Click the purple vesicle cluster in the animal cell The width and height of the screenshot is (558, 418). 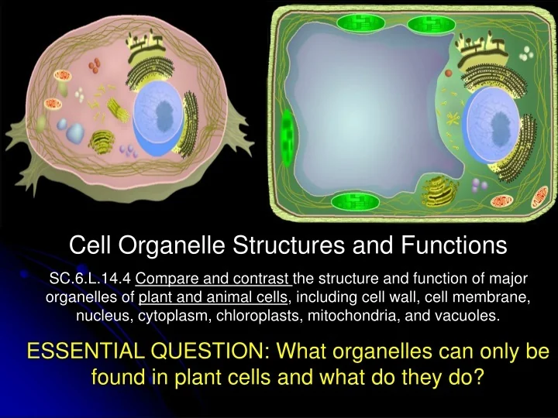pyautogui.click(x=128, y=151)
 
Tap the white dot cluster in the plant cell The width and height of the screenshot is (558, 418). pyautogui.click(x=526, y=53)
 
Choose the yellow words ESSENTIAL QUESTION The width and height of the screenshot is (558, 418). pyautogui.click(x=145, y=351)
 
